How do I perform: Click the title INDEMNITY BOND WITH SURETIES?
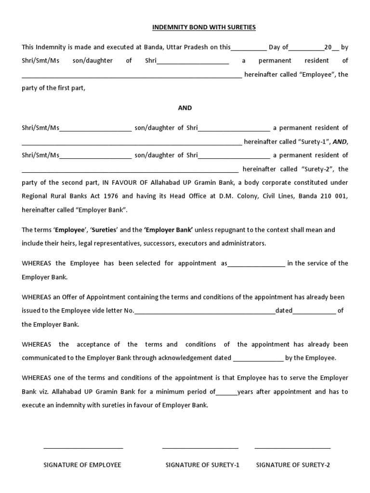(x=204, y=27)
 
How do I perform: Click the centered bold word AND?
(x=185, y=108)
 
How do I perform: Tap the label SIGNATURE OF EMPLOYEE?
(x=82, y=465)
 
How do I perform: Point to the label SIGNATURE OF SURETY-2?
(x=293, y=465)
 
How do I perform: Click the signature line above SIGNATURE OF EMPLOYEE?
(x=83, y=448)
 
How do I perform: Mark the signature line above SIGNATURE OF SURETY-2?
(x=292, y=448)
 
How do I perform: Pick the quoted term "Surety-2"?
(x=318, y=169)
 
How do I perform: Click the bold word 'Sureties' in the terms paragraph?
(x=102, y=230)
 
